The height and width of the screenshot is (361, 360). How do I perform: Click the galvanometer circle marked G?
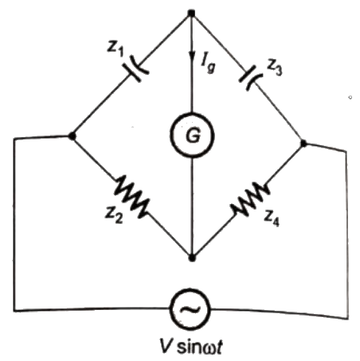[190, 136]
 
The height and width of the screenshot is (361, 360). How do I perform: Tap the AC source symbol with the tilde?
[191, 306]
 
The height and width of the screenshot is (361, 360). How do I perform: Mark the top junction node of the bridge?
[191, 14]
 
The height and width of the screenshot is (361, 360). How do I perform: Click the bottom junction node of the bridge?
[191, 257]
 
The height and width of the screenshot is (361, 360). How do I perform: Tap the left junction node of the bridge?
[73, 136]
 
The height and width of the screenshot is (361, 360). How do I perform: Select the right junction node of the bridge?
[304, 143]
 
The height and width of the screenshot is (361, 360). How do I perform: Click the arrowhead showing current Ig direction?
[191, 53]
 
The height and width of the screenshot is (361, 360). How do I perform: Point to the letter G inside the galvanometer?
[190, 136]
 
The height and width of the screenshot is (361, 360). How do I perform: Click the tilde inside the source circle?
[191, 306]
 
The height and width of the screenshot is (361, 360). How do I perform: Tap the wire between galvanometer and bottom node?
[191, 207]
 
